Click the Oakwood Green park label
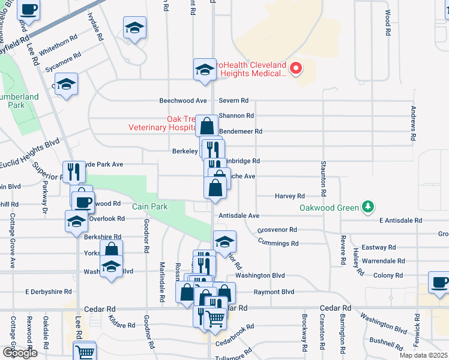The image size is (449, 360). pyautogui.click(x=330, y=208)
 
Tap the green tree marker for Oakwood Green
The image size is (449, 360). pyautogui.click(x=367, y=208)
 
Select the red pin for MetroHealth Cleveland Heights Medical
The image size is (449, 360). pyautogui.click(x=296, y=68)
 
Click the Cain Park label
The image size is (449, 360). pyautogui.click(x=149, y=206)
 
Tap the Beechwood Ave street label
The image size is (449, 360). pyautogui.click(x=183, y=101)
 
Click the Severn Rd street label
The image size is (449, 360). pyautogui.click(x=234, y=101)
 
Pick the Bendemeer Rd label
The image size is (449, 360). pyautogui.click(x=241, y=131)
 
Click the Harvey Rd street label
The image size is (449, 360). pyautogui.click(x=290, y=196)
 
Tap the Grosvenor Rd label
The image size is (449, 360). pyautogui.click(x=277, y=230)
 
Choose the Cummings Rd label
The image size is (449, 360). pyautogui.click(x=279, y=243)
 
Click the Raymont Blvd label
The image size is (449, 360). pyautogui.click(x=274, y=292)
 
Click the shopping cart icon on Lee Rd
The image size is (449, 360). pyautogui.click(x=85, y=351)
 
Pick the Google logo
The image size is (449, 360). pyautogui.click(x=20, y=353)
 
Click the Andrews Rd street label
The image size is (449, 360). pyautogui.click(x=413, y=124)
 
